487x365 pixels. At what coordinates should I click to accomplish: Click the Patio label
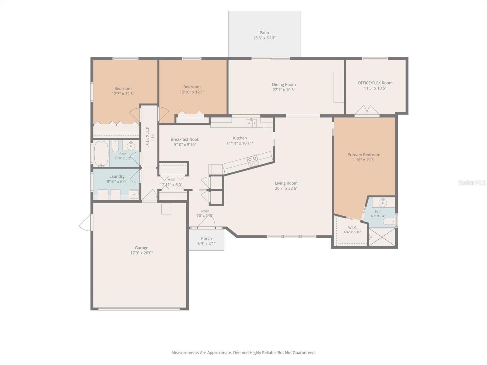[x=264, y=33]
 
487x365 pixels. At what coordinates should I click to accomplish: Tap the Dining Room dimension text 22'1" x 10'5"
[x=284, y=90]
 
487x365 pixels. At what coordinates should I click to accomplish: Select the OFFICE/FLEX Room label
[x=375, y=83]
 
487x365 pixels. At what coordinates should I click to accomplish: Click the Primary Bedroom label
[x=364, y=155]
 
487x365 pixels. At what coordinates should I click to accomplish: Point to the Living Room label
[x=286, y=183]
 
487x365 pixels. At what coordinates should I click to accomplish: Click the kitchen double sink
[x=251, y=123]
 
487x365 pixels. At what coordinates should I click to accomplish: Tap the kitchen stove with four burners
[x=253, y=161]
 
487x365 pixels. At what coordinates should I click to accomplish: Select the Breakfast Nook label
[x=185, y=139]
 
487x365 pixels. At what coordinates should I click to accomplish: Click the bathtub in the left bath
[x=101, y=154]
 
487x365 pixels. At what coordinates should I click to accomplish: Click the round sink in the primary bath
[x=383, y=202]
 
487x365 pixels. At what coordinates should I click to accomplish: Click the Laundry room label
[x=117, y=176]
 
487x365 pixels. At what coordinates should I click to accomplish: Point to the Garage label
[x=141, y=248]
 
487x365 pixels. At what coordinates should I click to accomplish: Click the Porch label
[x=206, y=238]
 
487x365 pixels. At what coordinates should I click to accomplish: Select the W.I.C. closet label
[x=352, y=228]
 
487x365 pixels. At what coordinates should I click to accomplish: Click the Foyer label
[x=205, y=211]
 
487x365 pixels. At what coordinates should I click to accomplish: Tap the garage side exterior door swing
[x=85, y=223]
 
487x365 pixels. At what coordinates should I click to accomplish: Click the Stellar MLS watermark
[x=472, y=182]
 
